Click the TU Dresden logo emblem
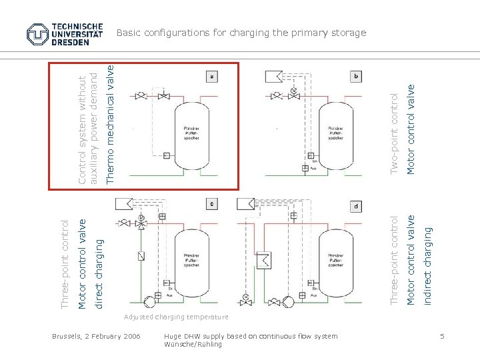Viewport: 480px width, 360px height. [37, 33]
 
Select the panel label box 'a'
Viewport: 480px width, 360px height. [213, 77]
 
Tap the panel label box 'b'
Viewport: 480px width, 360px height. [357, 77]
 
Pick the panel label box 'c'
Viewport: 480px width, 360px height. [213, 204]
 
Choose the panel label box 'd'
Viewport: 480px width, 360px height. [357, 206]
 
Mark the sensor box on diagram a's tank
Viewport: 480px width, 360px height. [166, 157]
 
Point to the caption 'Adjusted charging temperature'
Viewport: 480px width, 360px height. [176, 317]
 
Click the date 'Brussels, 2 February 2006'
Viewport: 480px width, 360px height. [96, 336]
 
